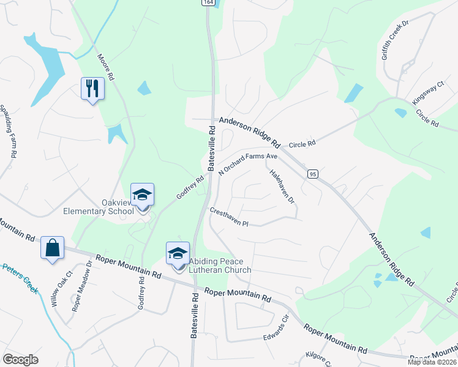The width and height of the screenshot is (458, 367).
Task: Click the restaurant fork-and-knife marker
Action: [x=92, y=88]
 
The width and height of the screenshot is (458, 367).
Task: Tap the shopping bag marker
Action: [x=53, y=248]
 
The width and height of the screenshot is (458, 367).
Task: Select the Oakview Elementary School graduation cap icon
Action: [x=142, y=195]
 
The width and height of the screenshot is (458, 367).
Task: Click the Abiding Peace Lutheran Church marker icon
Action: [x=178, y=253]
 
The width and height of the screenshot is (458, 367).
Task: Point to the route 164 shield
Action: [x=209, y=2]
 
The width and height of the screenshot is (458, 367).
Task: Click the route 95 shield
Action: [x=312, y=174]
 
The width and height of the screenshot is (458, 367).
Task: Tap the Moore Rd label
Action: [x=106, y=68]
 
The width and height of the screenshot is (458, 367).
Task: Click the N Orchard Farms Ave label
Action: [x=249, y=165]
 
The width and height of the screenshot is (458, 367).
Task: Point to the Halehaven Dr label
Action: [x=282, y=187]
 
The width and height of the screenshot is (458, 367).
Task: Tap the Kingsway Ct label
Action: [x=427, y=92]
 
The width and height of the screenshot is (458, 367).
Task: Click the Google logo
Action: [x=21, y=360]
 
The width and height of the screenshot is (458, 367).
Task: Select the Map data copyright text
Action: [x=432, y=362]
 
